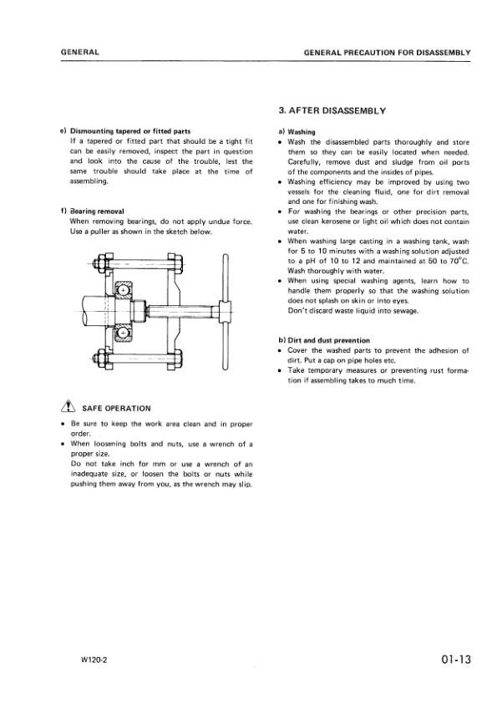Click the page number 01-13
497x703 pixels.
[454, 660]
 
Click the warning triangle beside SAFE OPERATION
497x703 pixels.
[65, 408]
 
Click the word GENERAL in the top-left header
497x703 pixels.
[80, 53]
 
